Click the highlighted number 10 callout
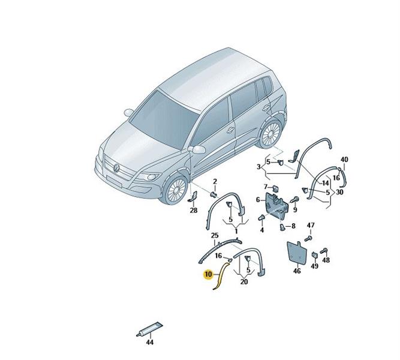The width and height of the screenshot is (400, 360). point(208,274)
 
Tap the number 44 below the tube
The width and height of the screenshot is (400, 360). point(150,342)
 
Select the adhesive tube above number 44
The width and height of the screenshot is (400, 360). point(149,329)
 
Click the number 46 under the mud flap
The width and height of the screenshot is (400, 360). point(297,271)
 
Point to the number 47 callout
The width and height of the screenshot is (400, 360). point(311,226)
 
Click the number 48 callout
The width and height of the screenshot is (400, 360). point(326,260)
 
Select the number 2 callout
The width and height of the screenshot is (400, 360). point(215,182)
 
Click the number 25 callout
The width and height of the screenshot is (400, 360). point(215,235)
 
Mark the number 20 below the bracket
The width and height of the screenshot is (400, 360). point(244,282)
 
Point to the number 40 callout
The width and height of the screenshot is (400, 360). point(344,160)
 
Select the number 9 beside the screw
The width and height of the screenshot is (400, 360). point(295,210)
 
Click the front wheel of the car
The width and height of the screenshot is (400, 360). point(176,189)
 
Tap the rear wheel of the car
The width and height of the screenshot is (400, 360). point(270,134)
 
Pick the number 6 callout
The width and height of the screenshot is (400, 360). point(258,200)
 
